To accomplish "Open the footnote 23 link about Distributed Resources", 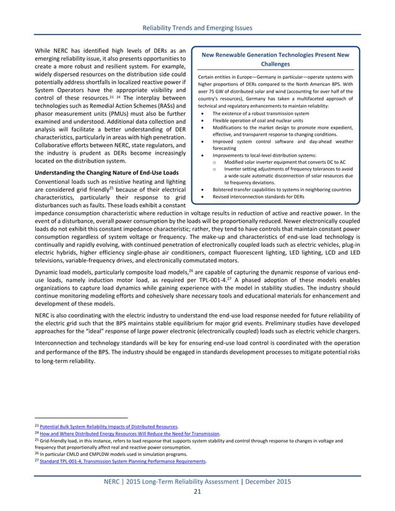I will [106, 427].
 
